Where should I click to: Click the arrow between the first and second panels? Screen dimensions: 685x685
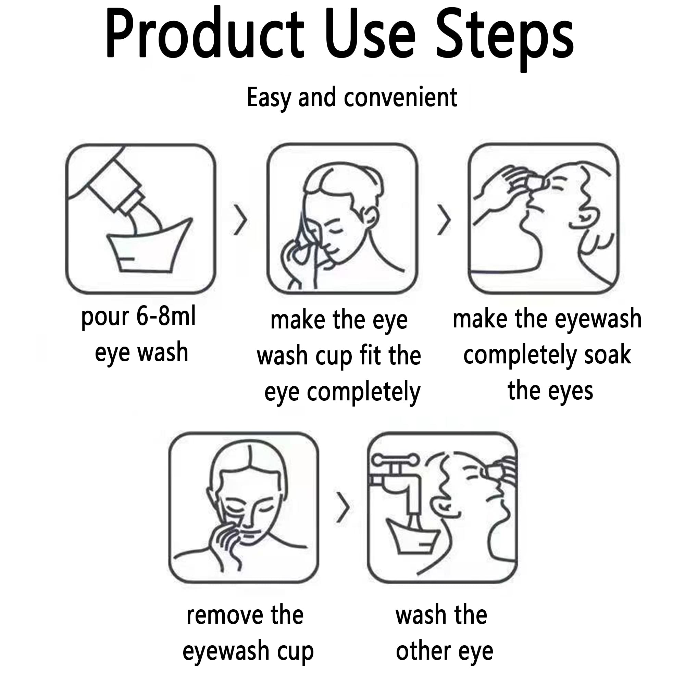tap(240, 220)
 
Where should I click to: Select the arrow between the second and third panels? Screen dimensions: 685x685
tap(444, 220)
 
